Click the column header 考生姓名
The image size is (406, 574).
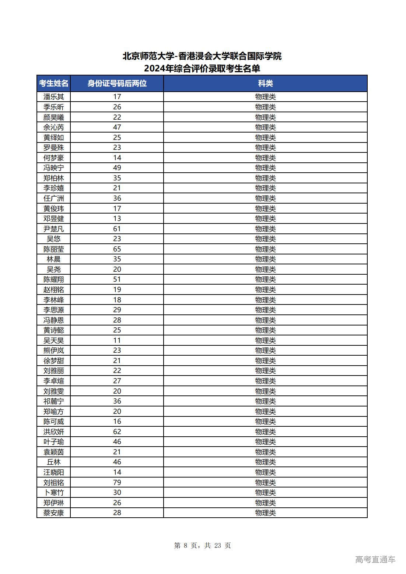53,84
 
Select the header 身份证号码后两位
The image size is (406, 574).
117,84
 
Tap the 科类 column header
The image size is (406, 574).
265,84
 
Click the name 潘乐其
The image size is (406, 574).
53,97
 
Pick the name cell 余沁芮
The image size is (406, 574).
53,127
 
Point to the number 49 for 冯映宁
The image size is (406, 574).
117,168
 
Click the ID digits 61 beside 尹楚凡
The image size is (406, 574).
117,229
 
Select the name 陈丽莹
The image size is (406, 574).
53,249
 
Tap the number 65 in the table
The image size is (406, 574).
117,249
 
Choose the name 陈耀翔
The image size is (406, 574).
53,279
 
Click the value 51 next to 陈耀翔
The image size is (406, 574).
117,279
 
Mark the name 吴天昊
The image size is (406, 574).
53,340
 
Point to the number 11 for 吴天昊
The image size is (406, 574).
117,340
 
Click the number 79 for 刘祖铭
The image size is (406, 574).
117,482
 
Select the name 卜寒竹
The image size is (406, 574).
53,493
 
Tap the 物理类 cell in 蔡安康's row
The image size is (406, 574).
265,513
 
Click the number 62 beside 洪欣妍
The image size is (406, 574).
117,432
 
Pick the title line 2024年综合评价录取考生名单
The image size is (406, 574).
202,69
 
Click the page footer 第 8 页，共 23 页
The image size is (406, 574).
202,546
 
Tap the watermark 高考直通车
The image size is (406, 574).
375,560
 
